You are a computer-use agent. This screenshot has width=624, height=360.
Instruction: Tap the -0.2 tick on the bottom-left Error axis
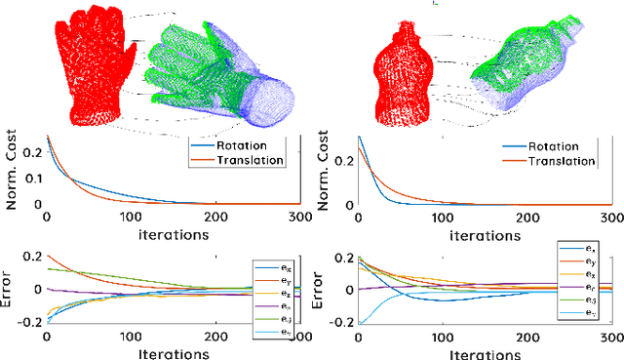[x=27, y=321]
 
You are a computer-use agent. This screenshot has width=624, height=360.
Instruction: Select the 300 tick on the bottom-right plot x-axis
[x=608, y=335]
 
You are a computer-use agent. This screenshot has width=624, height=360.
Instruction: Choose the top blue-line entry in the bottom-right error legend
[x=576, y=250]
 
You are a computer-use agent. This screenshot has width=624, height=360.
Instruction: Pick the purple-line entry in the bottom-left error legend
[x=274, y=305]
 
